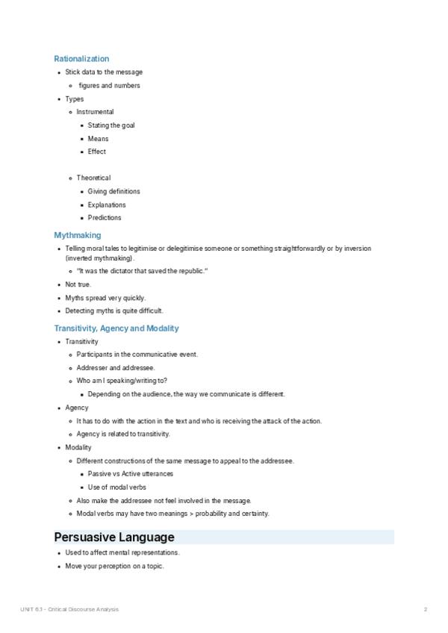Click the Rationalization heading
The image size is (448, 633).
point(81,58)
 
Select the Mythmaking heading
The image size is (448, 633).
point(78,235)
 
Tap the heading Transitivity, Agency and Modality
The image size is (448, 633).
point(116,328)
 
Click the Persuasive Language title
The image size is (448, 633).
point(114,537)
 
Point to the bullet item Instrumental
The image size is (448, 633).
point(95,112)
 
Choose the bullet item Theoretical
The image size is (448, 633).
point(93,178)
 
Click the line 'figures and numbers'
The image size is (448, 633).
point(109,86)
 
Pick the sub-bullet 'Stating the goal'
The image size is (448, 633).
point(111,125)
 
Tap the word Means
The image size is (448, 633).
point(98,139)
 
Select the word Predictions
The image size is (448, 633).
point(105,218)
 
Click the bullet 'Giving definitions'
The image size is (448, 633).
point(113,192)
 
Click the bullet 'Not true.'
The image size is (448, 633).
point(78,284)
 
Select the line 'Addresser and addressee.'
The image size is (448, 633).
point(116,368)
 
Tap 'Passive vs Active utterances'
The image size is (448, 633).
point(131,474)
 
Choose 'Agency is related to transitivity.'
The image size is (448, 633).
point(123,434)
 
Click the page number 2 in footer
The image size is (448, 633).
point(425,610)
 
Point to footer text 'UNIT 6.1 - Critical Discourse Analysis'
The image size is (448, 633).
point(69,610)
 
